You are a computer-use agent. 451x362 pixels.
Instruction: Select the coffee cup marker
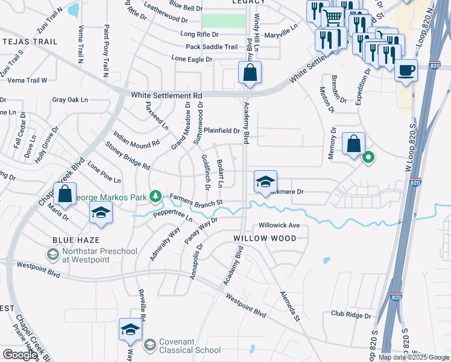click(406, 69)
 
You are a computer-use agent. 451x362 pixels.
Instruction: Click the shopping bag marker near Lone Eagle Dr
click(250, 73)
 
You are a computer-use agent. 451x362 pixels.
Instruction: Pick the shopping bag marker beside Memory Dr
click(353, 144)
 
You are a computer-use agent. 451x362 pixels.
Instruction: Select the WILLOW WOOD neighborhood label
click(265, 238)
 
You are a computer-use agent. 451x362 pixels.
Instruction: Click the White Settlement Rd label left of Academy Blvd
click(166, 95)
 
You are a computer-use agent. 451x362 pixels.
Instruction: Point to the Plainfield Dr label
click(221, 130)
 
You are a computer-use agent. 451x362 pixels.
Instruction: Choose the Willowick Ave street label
click(279, 226)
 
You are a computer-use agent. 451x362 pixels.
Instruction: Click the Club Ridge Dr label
click(350, 314)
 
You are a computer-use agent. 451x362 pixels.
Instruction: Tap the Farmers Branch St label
click(197, 198)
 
